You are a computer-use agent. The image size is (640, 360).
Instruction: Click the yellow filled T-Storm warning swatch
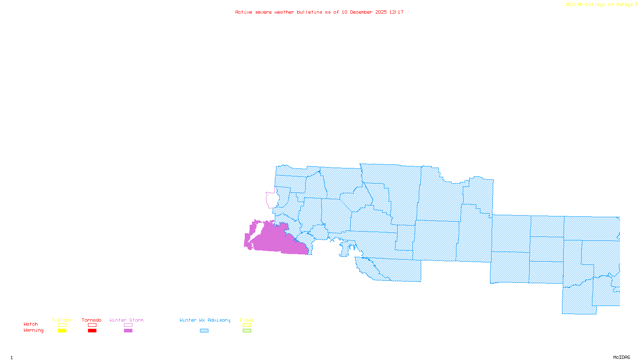click(62, 331)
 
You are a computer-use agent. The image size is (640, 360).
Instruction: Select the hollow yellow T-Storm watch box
click(62, 325)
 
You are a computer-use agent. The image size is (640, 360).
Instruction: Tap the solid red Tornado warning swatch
click(92, 331)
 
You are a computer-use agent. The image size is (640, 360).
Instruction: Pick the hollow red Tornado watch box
click(92, 325)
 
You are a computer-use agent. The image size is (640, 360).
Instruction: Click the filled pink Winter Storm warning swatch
click(128, 331)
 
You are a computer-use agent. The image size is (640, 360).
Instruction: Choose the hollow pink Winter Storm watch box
click(128, 325)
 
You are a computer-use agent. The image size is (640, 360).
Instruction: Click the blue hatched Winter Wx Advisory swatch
click(204, 331)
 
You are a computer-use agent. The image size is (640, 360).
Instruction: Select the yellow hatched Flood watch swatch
click(247, 325)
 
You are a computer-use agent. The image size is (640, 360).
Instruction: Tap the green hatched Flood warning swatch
click(247, 331)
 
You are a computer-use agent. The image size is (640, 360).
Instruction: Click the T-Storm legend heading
click(62, 320)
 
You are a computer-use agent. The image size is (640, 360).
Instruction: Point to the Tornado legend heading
click(92, 320)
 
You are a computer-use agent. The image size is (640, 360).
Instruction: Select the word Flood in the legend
click(247, 320)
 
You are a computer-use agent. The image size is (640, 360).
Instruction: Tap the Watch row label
click(31, 324)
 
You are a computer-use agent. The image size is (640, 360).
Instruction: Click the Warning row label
click(34, 330)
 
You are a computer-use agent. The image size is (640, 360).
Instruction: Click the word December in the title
click(361, 12)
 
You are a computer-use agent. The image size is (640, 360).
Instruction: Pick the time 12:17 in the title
click(396, 12)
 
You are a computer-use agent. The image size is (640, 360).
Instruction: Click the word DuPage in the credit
click(625, 5)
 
